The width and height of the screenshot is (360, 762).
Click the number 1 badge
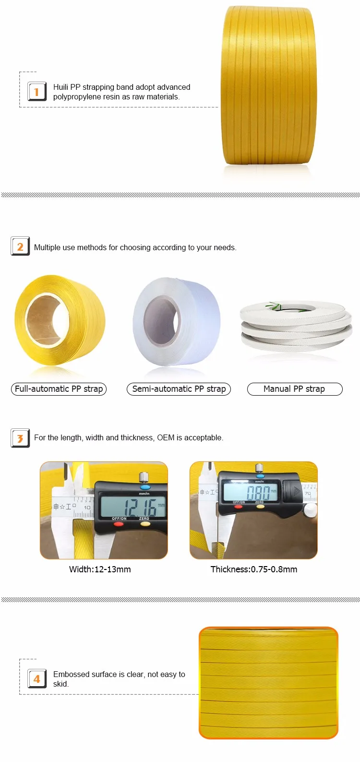[36, 91]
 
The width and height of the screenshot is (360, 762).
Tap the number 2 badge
[20, 246]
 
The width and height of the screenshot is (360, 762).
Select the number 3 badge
[20, 438]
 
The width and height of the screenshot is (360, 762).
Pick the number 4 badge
[36, 679]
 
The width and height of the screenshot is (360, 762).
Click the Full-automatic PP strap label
[59, 389]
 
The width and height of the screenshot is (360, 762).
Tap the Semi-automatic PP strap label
[179, 389]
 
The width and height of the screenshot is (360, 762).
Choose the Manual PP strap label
[294, 389]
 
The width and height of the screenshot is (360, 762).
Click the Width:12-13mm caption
[100, 569]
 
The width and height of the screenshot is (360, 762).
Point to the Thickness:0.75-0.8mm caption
[254, 569]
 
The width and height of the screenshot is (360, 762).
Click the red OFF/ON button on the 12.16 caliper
[119, 524]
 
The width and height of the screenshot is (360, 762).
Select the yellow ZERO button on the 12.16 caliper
[145, 524]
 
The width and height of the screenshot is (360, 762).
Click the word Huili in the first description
[60, 87]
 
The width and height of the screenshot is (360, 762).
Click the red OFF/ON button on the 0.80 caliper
[238, 507]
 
